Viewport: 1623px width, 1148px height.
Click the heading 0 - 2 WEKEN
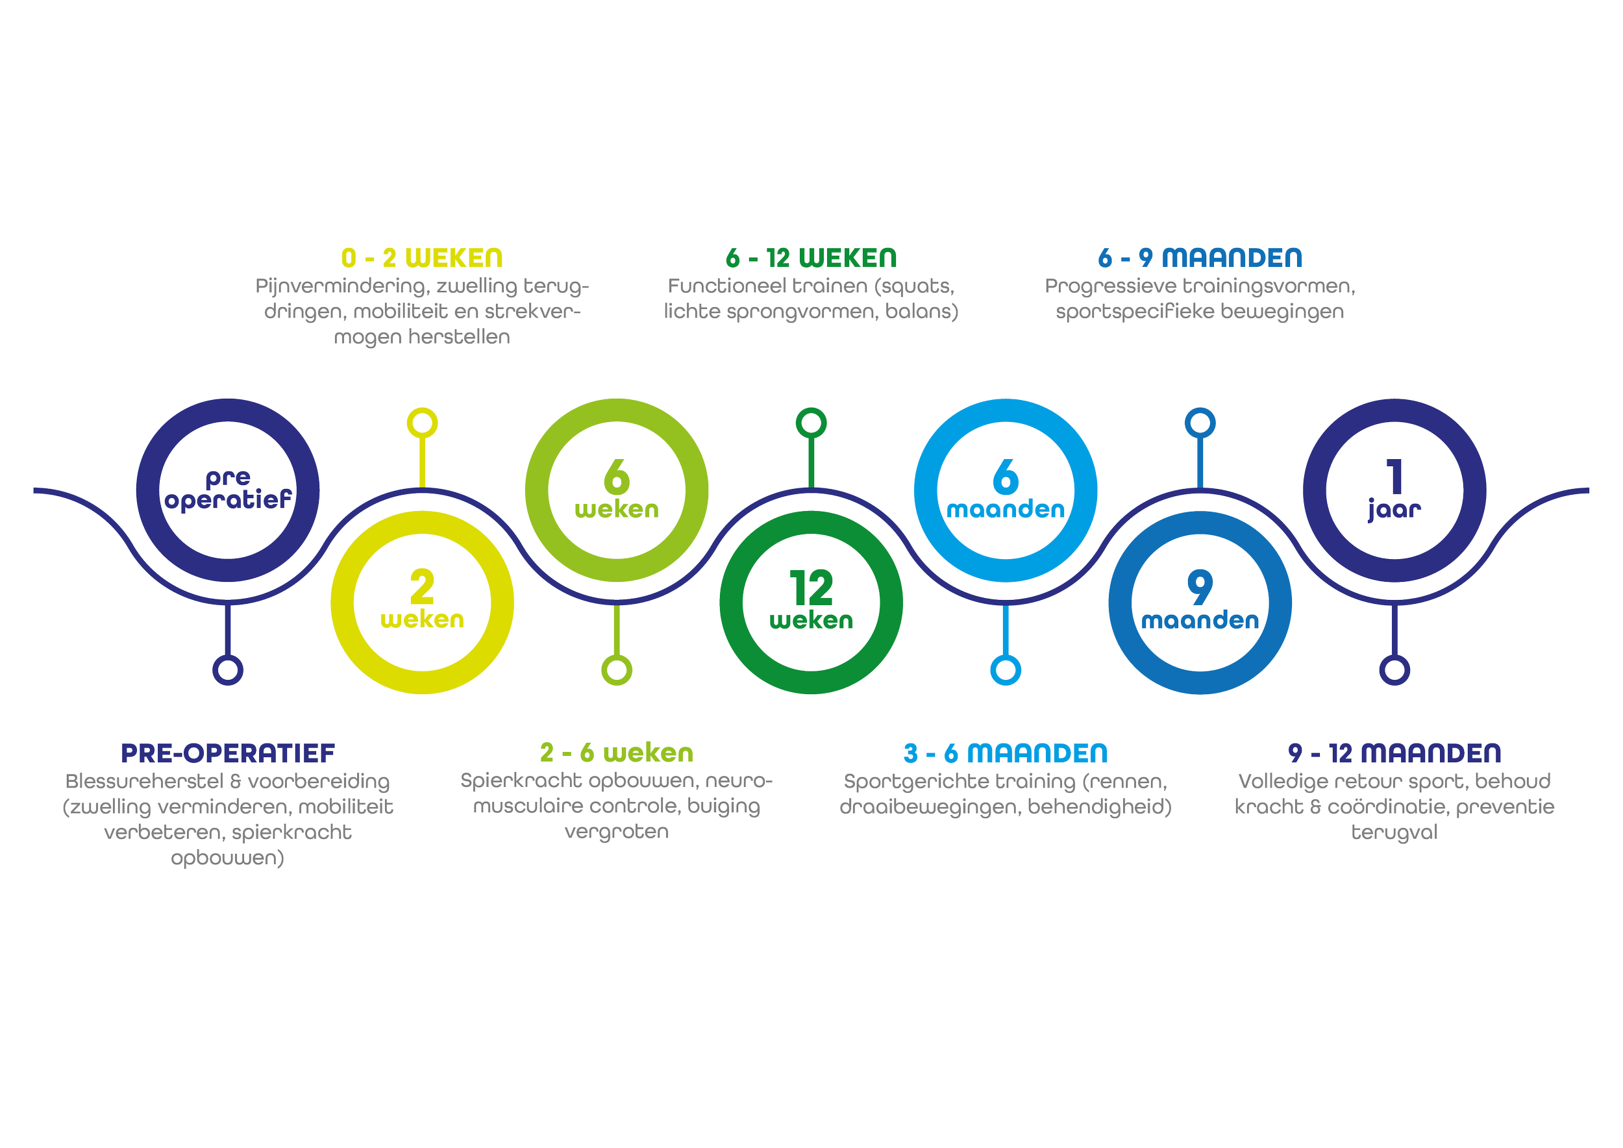coord(422,258)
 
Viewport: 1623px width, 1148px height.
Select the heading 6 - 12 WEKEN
coord(811,258)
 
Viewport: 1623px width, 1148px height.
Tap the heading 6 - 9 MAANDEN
coord(1200,258)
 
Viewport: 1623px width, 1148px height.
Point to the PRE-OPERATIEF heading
coord(228,754)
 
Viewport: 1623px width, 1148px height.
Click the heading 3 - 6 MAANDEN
coord(1005,754)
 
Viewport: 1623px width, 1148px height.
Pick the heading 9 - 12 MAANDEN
coord(1394,754)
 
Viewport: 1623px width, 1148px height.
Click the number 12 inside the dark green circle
coord(811,588)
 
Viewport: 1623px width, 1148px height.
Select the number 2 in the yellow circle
coord(422,588)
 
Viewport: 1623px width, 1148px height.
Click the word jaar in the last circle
coord(1394,510)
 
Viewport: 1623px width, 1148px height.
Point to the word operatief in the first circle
coord(228,501)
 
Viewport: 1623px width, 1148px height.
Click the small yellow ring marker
coord(422,423)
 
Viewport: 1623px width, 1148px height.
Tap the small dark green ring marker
coord(811,423)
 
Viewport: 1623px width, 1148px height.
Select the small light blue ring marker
coord(1005,670)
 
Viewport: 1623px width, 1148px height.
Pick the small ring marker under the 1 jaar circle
coord(1394,670)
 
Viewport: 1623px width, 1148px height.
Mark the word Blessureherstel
coord(144,782)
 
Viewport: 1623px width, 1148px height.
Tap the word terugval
coord(1394,832)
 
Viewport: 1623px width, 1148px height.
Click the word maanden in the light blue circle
coord(1005,509)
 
